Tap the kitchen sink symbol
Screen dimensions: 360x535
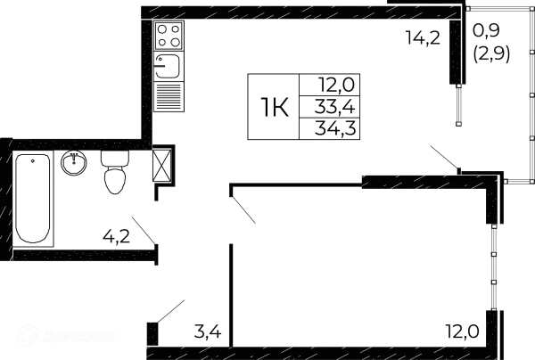click(167, 64)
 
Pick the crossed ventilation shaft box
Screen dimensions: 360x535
click(162, 167)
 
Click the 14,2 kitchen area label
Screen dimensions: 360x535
click(423, 38)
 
